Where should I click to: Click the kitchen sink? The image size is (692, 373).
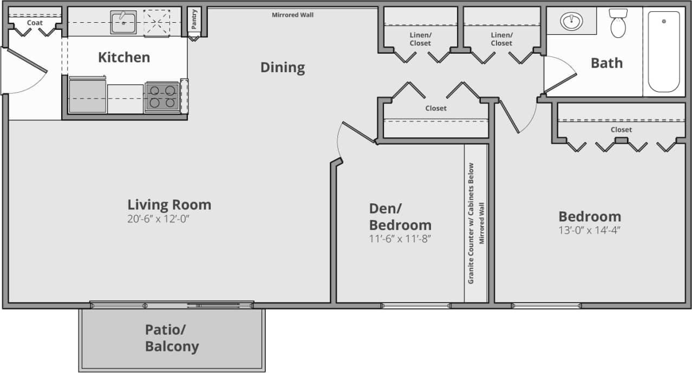[123, 22]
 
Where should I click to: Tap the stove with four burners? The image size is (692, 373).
[162, 97]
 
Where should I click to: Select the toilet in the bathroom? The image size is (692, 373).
[618, 24]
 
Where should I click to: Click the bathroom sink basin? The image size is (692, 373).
[570, 22]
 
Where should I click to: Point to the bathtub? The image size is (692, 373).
[663, 52]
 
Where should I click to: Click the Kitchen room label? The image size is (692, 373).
[124, 57]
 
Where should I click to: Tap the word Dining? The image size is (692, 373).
[283, 68]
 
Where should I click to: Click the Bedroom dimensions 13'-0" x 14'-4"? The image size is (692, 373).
[589, 229]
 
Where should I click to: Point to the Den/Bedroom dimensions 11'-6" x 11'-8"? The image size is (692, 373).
[400, 238]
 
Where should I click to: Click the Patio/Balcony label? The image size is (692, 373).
[172, 338]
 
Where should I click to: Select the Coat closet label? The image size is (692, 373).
[35, 23]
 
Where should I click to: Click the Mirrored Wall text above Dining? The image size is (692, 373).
[292, 15]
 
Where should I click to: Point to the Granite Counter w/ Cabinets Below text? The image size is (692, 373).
[471, 223]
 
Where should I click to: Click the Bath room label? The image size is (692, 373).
[606, 63]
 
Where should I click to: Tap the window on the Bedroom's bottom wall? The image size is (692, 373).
[546, 306]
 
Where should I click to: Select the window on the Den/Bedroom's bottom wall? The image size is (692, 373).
[415, 306]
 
